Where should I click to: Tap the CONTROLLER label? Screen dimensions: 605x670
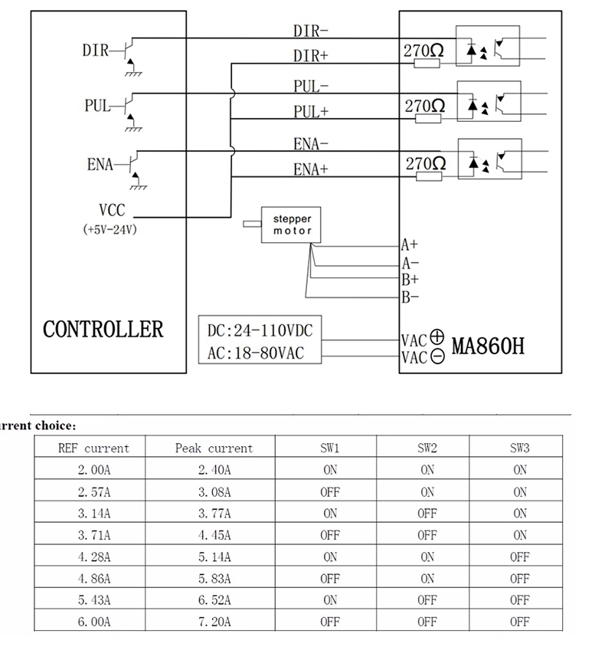pos(103,330)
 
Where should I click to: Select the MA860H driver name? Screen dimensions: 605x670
pos(488,346)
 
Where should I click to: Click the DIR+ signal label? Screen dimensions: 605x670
pos(311,56)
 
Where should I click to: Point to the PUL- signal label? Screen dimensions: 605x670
pos(311,87)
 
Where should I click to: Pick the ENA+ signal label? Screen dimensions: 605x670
pos(310,169)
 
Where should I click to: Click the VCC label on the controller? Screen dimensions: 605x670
pos(112,210)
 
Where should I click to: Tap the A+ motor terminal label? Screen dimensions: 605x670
pos(410,245)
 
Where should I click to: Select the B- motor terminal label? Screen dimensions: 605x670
pos(410,297)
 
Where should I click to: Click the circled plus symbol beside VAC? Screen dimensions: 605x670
pos(437,337)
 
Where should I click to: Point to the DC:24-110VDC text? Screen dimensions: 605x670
pos(260,330)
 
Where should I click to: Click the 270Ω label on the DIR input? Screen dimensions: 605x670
pos(423,51)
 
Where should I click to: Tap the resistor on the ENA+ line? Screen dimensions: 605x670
pos(429,176)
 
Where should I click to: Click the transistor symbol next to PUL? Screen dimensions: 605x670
pos(129,105)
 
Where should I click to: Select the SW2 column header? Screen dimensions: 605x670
pos(427,448)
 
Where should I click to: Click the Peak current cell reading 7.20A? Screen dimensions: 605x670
pos(214,622)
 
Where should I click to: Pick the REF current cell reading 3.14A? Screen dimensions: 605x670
pos(94,513)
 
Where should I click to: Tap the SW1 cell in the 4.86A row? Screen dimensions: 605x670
pos(330,579)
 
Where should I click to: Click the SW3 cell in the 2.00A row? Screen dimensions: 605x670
pos(519,470)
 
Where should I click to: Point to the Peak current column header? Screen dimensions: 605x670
pos(214,448)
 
